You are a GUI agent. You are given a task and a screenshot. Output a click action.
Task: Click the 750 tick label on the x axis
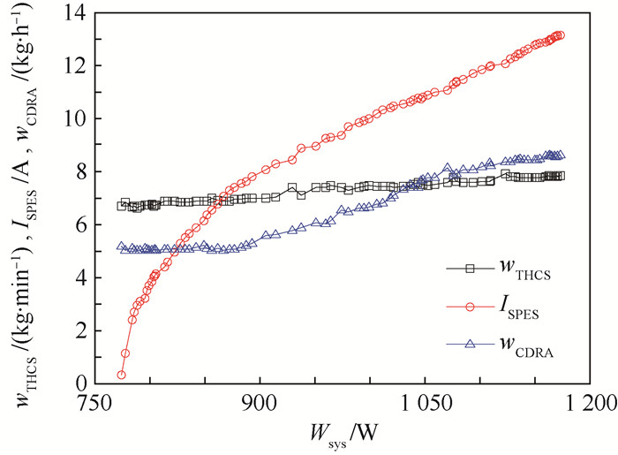96,402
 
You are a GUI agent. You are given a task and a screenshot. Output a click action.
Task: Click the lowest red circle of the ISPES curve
122,375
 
